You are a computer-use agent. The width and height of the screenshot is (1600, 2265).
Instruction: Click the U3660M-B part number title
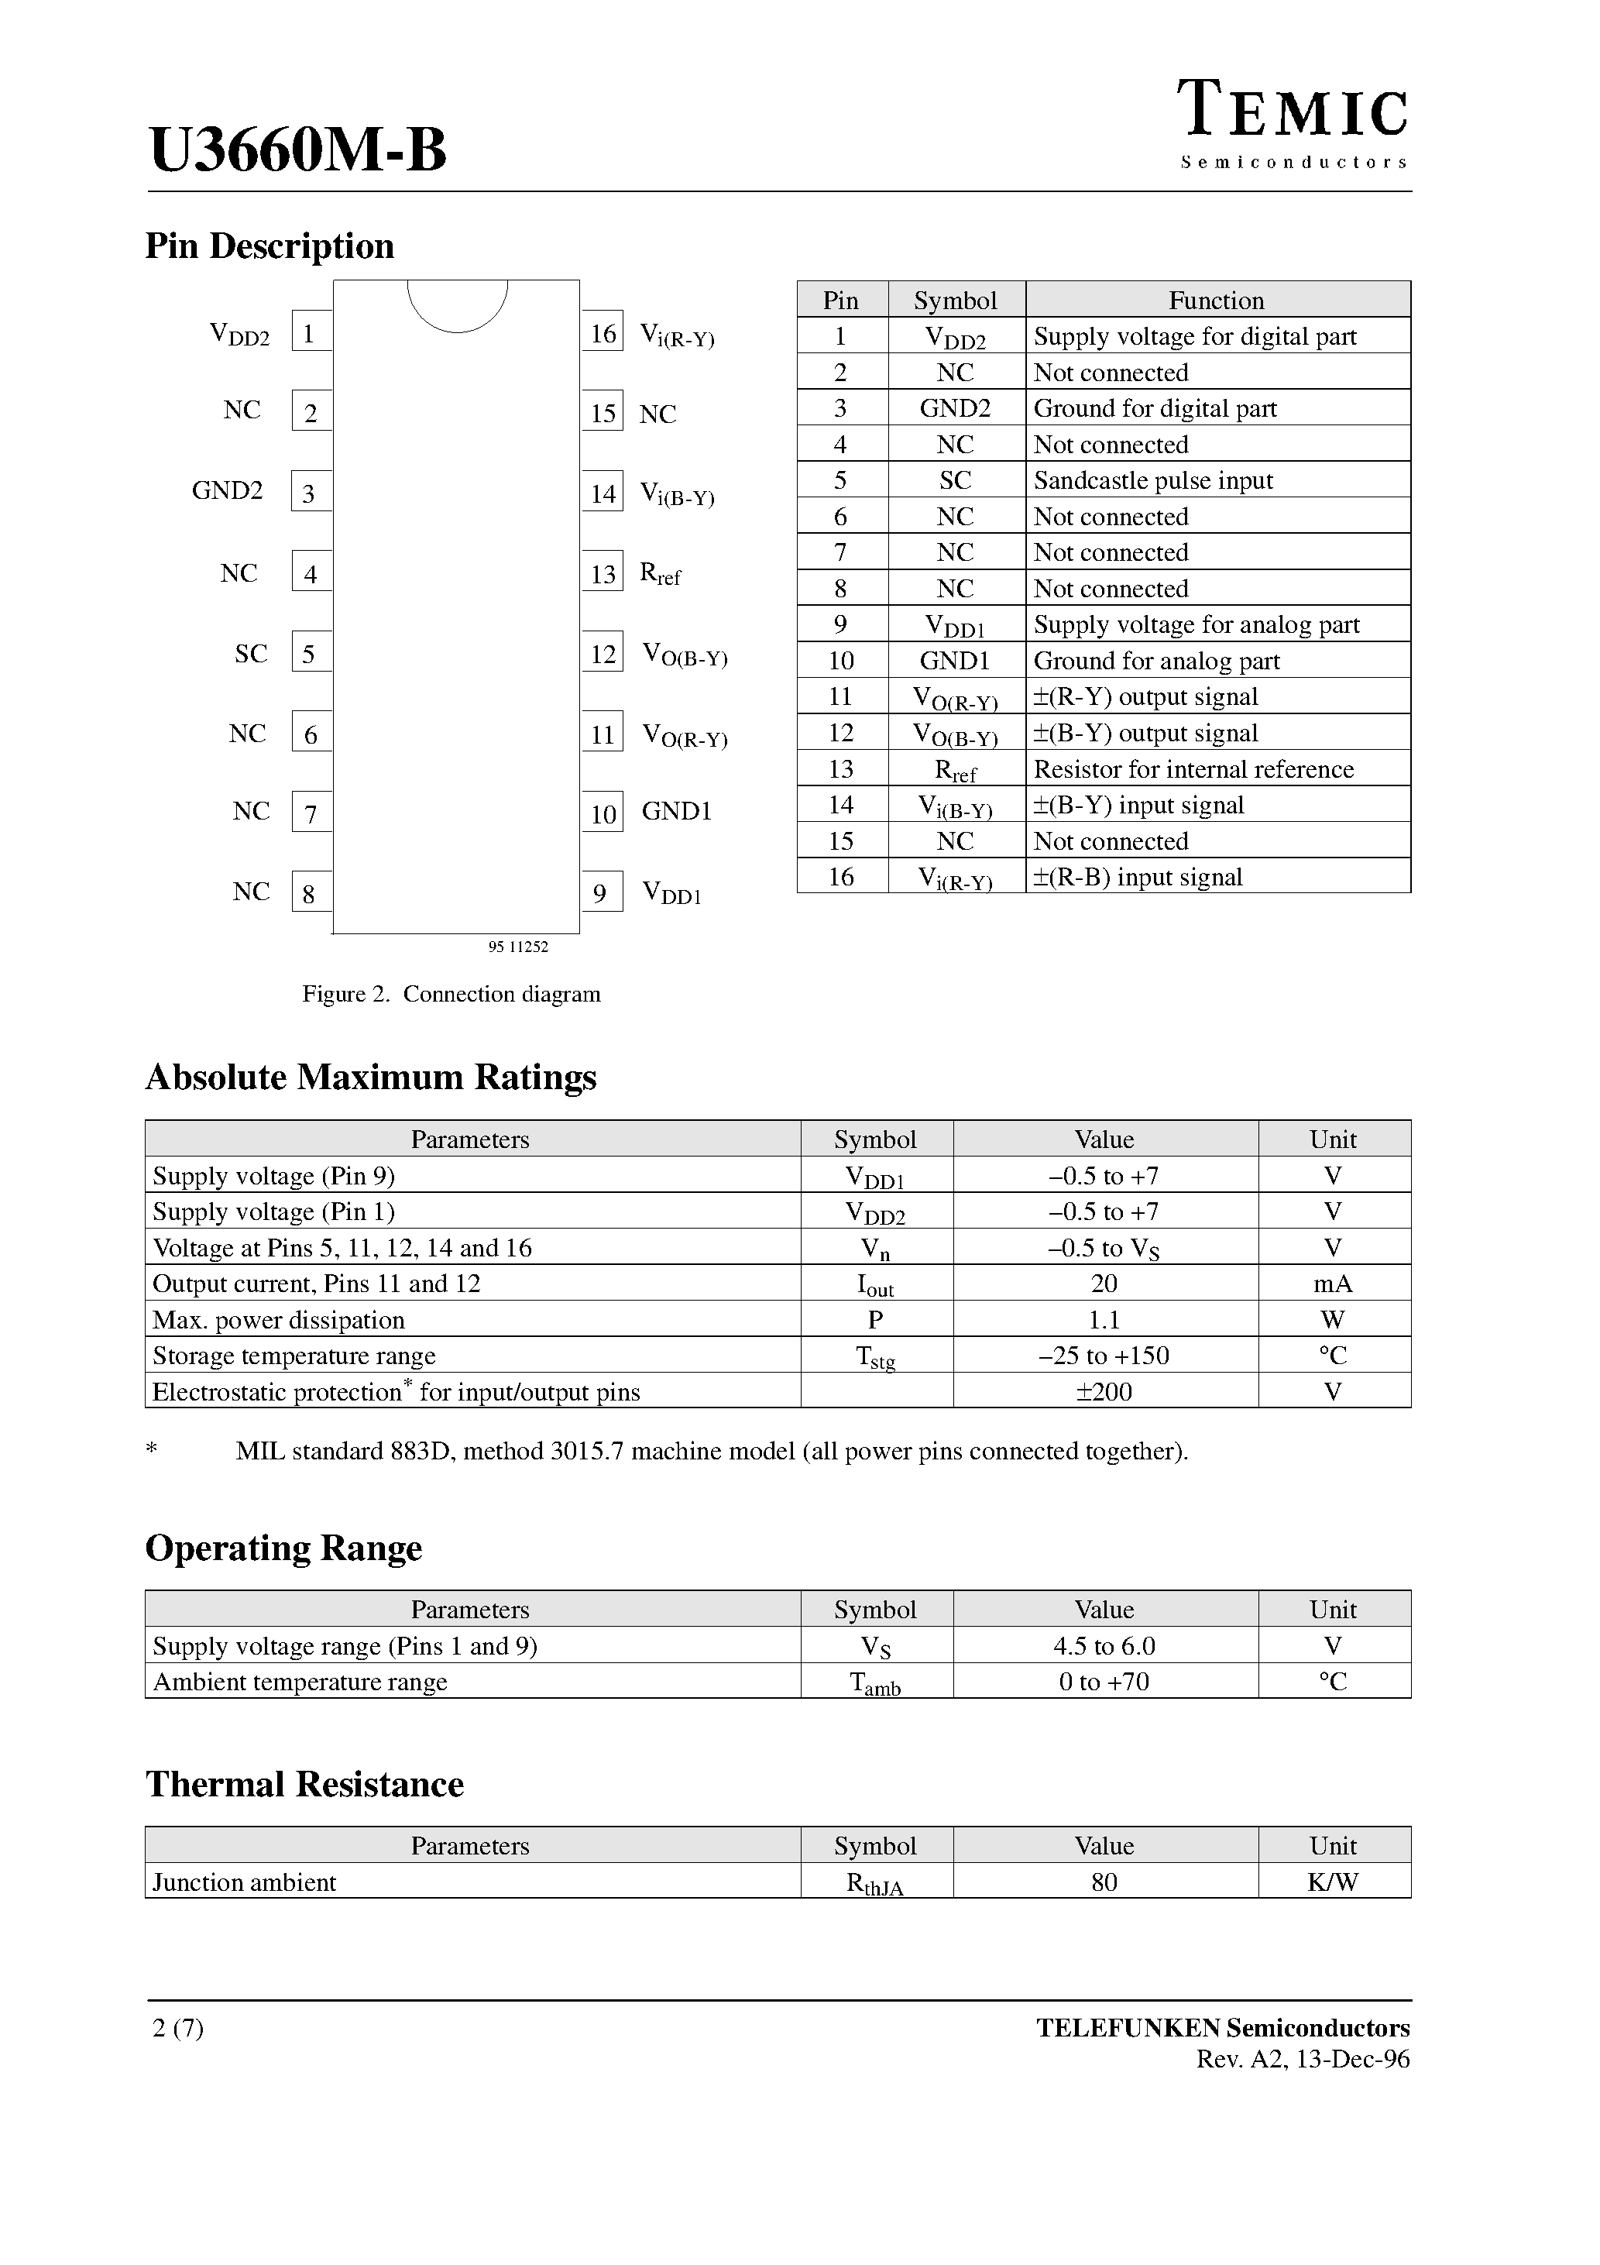coord(298,150)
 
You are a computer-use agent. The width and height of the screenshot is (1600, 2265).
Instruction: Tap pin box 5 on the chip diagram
coord(310,653)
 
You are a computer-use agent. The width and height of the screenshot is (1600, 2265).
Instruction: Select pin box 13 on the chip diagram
coord(603,573)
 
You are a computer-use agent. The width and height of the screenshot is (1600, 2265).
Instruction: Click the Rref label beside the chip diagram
coord(660,573)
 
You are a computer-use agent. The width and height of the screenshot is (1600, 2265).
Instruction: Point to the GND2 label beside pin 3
coord(227,490)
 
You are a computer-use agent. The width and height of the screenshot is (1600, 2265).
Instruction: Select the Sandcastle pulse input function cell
coord(1152,480)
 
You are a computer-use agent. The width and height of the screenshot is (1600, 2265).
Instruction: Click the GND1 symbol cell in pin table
coord(955,661)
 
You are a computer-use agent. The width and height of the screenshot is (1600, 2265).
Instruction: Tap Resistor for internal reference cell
coord(1193,768)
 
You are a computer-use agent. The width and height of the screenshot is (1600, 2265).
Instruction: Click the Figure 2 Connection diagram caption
coord(451,993)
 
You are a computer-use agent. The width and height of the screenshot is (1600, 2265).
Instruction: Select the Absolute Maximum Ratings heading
coord(371,1076)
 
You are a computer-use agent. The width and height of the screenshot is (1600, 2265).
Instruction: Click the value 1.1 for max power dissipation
coord(1104,1320)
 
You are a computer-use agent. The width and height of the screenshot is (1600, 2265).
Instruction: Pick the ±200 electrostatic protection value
coord(1104,1392)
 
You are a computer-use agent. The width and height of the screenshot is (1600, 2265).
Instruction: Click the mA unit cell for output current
coord(1333,1284)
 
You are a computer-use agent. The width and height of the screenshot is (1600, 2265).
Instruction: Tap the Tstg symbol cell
coord(875,1357)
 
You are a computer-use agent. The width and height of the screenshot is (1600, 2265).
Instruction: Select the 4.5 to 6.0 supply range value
coord(1104,1645)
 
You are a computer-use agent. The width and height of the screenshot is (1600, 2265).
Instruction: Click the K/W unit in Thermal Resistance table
coord(1333,1882)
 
